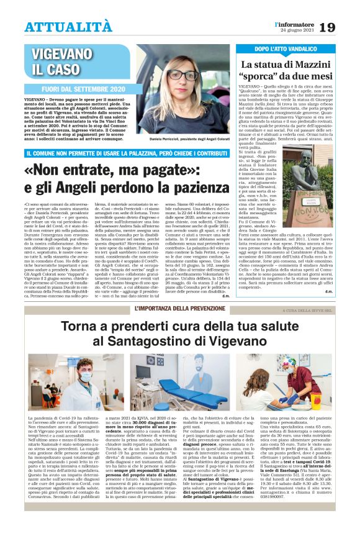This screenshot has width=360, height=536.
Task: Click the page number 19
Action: pyautogui.click(x=346, y=27)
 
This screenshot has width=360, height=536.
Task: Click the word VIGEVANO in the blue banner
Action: pyautogui.click(x=59, y=53)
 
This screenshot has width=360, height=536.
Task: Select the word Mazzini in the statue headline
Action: pyautogui.click(x=311, y=64)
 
